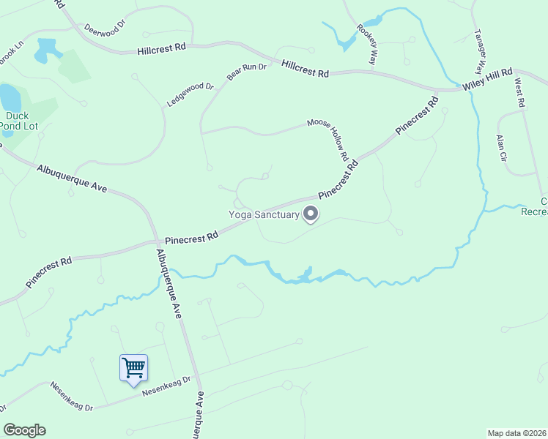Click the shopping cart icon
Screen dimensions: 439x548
pos(133,367)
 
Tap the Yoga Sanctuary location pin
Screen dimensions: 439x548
pos(311,214)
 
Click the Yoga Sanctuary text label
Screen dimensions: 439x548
pos(264,214)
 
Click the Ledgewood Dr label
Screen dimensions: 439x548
pos(190,95)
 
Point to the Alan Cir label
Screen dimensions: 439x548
pos(501,147)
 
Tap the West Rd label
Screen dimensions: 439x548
pos(520,94)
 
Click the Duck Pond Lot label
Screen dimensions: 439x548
pos(18,121)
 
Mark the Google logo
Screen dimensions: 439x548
pos(24,430)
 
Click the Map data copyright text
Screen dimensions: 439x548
pos(516,433)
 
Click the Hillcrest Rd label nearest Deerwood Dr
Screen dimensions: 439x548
pos(162,48)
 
